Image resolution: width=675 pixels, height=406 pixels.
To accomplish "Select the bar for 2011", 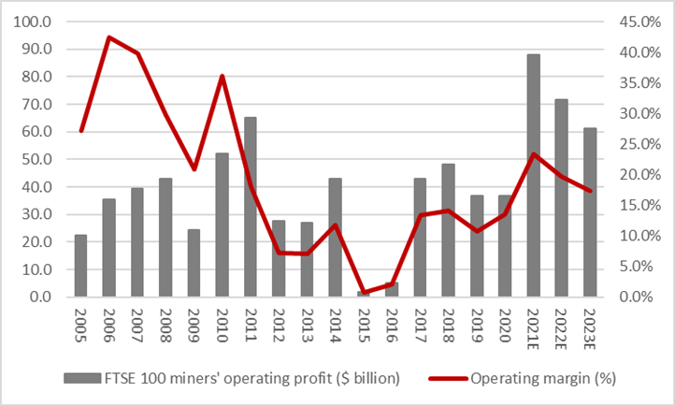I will coord(251,207).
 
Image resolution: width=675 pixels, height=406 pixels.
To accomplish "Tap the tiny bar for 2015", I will coord(364,294).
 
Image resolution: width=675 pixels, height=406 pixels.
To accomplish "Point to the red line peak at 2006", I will coord(109,37).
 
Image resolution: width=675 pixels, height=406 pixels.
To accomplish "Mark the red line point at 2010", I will coord(223,77).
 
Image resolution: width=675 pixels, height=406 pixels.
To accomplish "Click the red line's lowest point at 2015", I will coord(364,293).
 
